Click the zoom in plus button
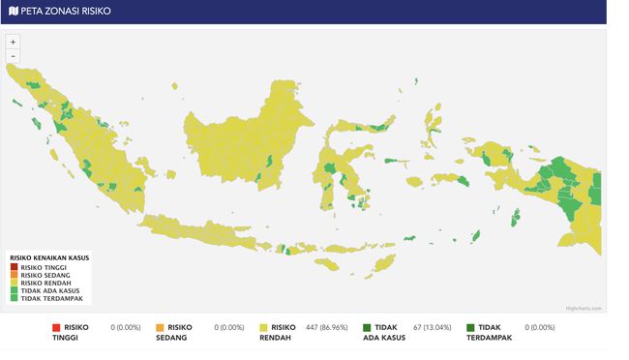tap(13, 42)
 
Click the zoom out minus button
tap(13, 55)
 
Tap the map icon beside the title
tap(13, 11)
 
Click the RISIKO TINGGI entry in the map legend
tap(40, 267)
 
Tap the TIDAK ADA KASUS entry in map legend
tap(45, 290)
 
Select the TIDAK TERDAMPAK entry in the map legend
tap(45, 298)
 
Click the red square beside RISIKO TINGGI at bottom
tap(56, 328)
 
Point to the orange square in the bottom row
tap(160, 328)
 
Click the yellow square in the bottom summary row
tap(263, 328)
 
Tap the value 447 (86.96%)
tap(326, 328)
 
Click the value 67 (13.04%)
tap(430, 328)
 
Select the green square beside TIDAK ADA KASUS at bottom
tap(367, 328)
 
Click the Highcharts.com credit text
tap(584, 309)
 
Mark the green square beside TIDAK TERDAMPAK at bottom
tap(470, 328)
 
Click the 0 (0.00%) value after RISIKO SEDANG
tap(229, 328)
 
